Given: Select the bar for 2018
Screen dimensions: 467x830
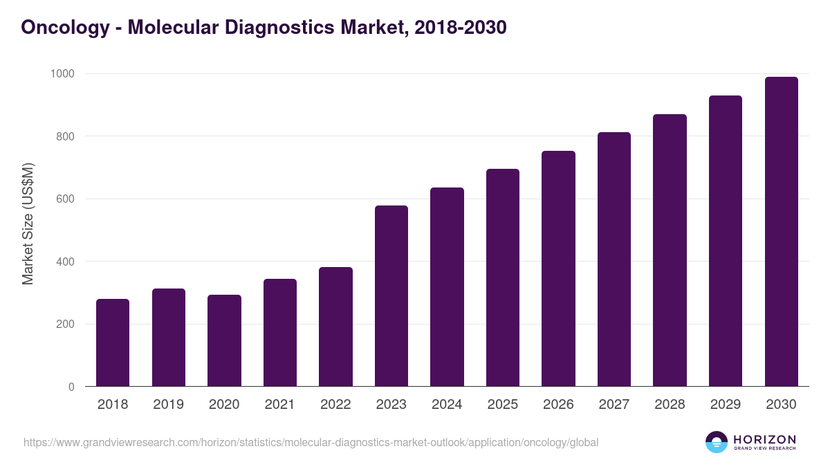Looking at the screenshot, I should [113, 342].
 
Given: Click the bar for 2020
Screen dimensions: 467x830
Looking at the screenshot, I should [224, 340].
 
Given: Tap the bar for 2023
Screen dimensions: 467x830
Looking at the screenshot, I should [391, 296].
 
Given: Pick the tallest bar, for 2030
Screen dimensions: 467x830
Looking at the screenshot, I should [781, 232].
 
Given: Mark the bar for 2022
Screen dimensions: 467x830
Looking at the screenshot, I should [335, 327].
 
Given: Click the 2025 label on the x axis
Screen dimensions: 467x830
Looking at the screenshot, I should [503, 404].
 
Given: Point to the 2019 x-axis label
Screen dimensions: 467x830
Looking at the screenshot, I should [169, 404].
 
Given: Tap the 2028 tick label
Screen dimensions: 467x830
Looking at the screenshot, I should [670, 404].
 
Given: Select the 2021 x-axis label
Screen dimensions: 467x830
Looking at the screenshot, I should [280, 404].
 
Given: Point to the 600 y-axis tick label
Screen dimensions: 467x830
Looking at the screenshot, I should [66, 199].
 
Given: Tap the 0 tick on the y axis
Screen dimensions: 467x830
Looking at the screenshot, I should [72, 387].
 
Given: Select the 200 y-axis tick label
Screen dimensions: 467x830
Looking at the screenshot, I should [66, 324].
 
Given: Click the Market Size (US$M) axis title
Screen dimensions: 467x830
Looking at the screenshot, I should [28, 223].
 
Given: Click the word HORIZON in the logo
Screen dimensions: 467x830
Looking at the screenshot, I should [764, 439].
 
